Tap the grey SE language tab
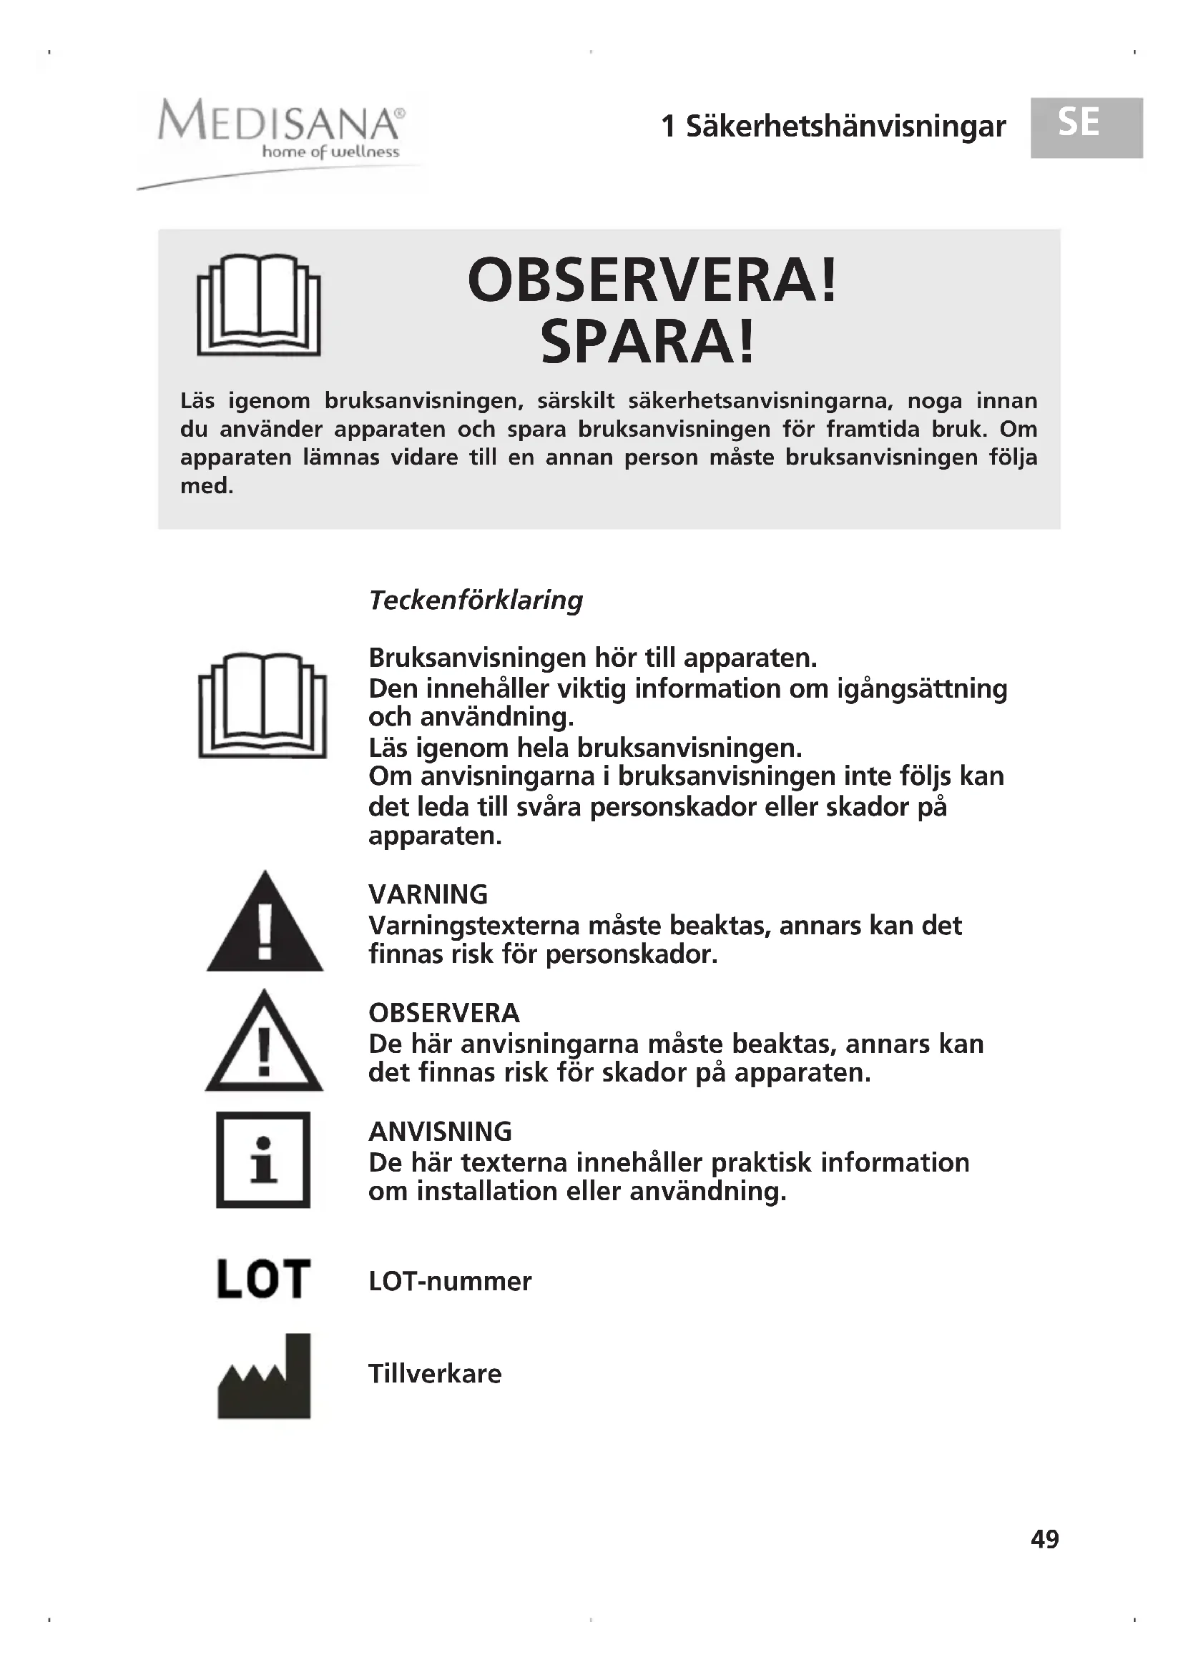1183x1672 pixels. (1086, 127)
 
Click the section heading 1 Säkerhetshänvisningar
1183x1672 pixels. (833, 127)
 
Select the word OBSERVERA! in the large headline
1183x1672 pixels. (652, 281)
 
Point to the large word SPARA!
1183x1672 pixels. (647, 343)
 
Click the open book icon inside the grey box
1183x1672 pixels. (259, 305)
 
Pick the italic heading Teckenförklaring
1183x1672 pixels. (476, 600)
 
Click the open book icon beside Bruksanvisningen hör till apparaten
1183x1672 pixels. (262, 705)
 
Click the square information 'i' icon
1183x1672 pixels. (263, 1160)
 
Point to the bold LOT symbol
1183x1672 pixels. (264, 1280)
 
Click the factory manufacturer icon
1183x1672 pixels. (264, 1375)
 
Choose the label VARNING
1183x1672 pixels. (428, 894)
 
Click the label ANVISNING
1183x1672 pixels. (440, 1131)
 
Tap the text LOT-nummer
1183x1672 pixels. (450, 1281)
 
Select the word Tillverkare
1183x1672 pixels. (435, 1373)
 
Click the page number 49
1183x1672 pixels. (1044, 1539)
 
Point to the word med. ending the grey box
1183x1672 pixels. (207, 485)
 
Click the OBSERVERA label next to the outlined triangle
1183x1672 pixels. (443, 1012)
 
